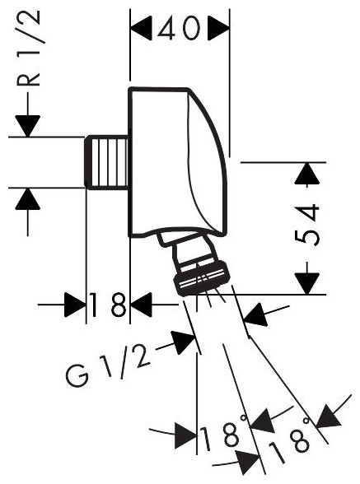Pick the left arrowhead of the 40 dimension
tap(141, 28)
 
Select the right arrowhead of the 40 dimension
tap(218, 28)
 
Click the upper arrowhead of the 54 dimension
tap(306, 174)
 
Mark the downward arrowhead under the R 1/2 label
tap(28, 126)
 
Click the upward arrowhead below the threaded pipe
tap(28, 199)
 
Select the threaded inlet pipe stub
tap(107, 161)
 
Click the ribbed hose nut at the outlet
tap(202, 277)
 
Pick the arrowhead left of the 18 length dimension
tap(75, 305)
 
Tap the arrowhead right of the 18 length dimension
tap(141, 305)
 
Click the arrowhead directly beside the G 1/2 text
tap(185, 342)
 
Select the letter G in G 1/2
tap(77, 379)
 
